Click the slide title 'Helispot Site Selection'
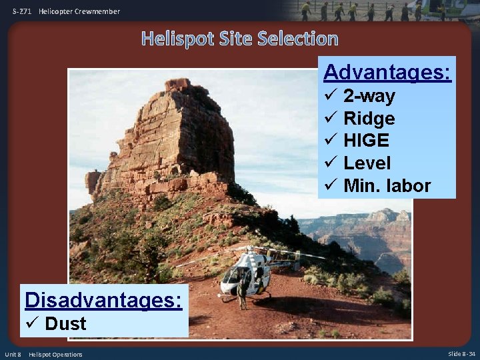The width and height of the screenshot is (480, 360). pos(240,39)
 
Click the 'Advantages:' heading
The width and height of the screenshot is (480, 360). pos(387,71)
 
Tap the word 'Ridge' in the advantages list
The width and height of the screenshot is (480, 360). pos(369,119)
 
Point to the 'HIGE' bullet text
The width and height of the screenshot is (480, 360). pos(366,141)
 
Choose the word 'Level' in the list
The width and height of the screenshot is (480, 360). pos(367,163)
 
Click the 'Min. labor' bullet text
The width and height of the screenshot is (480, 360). pos(387,185)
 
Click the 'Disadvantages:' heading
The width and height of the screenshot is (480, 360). pos(103,300)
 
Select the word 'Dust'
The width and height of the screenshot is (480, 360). pos(65,324)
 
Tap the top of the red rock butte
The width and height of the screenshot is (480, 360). pos(178,84)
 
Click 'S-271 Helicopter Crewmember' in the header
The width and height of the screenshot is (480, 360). pos(66,11)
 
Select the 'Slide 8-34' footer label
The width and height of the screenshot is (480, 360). pos(461,354)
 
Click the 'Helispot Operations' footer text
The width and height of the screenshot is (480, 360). pos(55,354)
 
